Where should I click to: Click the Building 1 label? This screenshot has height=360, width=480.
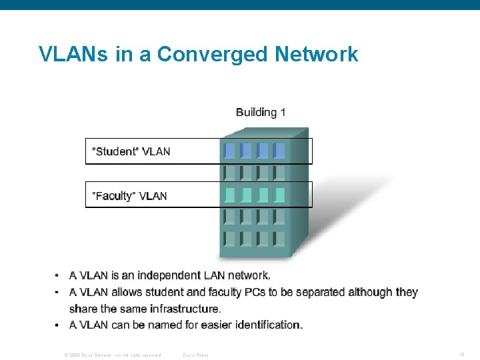point(261,112)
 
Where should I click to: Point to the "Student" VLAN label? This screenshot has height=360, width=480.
point(131,151)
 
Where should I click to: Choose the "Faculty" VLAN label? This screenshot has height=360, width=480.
point(129,196)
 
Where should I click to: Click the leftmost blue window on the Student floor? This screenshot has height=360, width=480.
point(230,150)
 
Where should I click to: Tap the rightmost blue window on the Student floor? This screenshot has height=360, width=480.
point(279,150)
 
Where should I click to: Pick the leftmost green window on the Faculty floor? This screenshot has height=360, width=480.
point(230,195)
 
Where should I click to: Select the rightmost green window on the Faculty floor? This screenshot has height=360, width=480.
point(279,195)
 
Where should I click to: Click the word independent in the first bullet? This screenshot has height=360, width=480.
point(168,275)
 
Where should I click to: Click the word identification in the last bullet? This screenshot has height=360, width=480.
point(267,325)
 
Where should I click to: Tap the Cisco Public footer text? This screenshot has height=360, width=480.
point(195,355)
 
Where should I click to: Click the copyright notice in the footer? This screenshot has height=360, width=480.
point(112,355)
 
